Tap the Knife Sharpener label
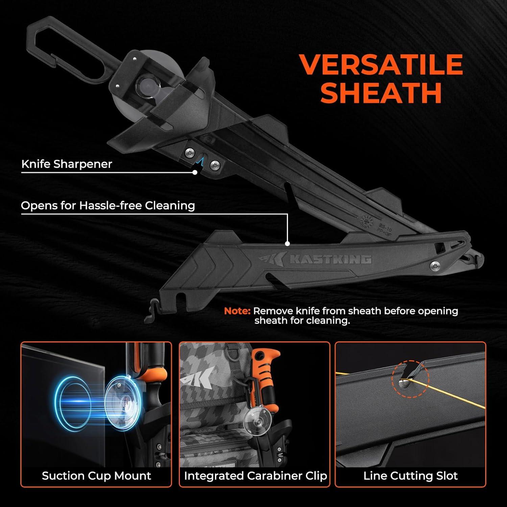(67, 164)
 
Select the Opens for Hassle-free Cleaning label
(108, 206)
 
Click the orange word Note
(237, 311)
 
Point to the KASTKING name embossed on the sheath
(331, 260)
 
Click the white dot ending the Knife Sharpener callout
(195, 172)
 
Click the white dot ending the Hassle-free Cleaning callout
(288, 243)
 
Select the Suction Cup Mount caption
(96, 476)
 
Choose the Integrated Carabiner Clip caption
(256, 476)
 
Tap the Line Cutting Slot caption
(410, 476)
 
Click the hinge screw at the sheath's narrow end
(435, 266)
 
